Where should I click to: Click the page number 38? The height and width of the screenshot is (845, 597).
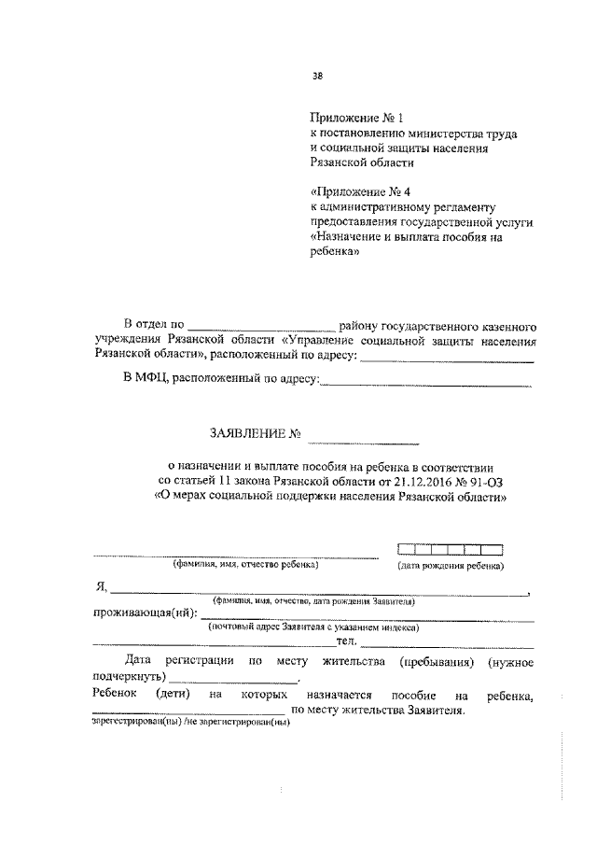[318, 79]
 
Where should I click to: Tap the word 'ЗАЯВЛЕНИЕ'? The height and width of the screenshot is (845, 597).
[246, 432]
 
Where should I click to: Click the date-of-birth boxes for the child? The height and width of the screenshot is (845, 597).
[449, 550]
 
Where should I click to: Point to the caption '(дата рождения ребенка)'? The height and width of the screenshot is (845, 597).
[451, 566]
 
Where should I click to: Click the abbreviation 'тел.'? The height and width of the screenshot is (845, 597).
[347, 641]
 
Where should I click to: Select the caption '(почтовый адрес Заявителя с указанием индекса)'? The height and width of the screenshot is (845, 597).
[313, 627]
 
